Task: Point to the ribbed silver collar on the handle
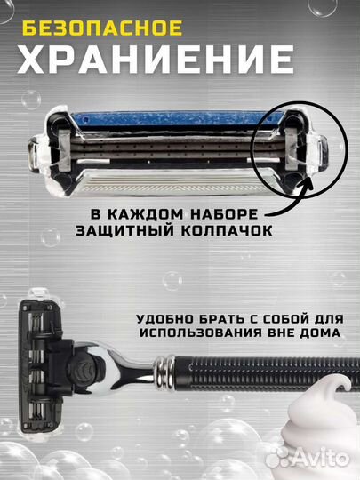point(167,364)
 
